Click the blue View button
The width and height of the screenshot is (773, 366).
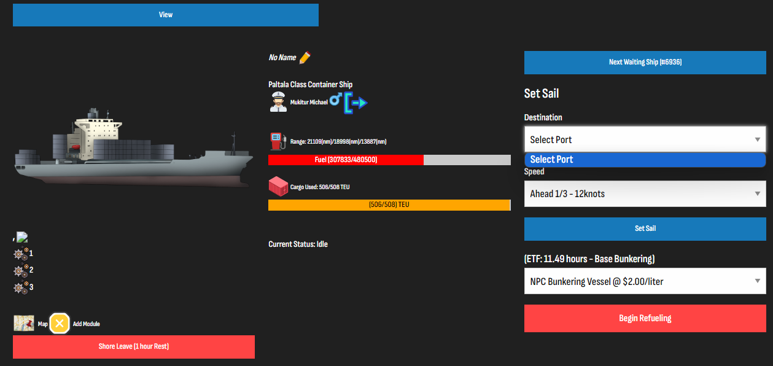click(166, 15)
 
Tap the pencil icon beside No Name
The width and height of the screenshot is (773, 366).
click(305, 57)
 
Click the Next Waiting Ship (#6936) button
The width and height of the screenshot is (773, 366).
click(645, 63)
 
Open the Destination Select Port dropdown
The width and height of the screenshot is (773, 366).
click(645, 139)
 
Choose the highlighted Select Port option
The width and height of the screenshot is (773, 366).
click(645, 160)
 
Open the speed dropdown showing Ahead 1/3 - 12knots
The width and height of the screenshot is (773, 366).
click(645, 193)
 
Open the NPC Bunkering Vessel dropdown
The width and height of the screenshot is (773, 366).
click(645, 281)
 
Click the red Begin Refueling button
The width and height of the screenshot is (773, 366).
click(645, 318)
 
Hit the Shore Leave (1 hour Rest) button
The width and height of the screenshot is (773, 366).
click(134, 347)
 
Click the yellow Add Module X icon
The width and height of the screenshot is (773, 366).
click(60, 323)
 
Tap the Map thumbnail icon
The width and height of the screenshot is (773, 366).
click(24, 323)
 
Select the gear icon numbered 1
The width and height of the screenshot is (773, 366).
click(21, 254)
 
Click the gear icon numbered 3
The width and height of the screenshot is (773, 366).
click(21, 287)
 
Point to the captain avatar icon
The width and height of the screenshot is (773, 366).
click(278, 102)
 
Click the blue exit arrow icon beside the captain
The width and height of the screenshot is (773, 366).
click(355, 103)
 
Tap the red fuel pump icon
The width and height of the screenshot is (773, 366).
click(278, 141)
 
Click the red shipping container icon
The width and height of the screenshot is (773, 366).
click(278, 187)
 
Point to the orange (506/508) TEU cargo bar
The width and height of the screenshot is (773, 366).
click(389, 204)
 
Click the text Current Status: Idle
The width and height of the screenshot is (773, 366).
click(298, 244)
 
